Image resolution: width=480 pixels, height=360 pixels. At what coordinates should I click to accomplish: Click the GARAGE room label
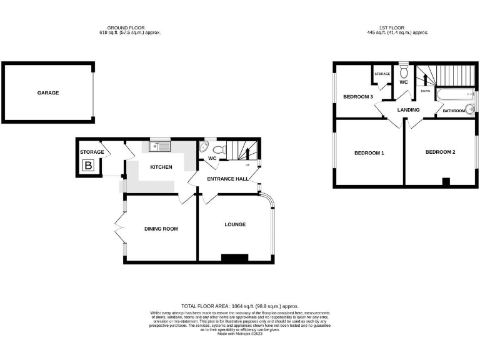coord(47,92)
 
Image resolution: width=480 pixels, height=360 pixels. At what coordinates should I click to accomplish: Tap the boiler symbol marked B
coord(88,166)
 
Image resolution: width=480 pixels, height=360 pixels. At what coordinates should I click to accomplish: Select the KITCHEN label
coord(161,167)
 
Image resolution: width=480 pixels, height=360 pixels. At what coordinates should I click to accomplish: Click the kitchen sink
coord(160,147)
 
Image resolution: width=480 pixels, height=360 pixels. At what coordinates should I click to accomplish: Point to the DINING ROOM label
coord(161,229)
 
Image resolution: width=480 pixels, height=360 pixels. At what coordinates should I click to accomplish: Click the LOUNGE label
coord(236,224)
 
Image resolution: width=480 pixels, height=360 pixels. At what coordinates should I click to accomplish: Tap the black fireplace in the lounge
coord(235,257)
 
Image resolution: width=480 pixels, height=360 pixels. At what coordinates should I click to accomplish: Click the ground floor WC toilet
coord(218,149)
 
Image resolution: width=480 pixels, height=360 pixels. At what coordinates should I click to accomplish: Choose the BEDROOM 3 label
coord(358,97)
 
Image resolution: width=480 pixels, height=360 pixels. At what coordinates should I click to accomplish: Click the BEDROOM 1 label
coord(369,153)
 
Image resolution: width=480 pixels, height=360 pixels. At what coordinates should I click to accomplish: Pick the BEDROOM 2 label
coord(441,152)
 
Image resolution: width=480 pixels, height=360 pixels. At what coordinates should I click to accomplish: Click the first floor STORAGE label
coord(382,74)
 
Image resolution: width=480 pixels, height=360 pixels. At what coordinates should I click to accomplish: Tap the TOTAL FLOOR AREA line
coord(239,306)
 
